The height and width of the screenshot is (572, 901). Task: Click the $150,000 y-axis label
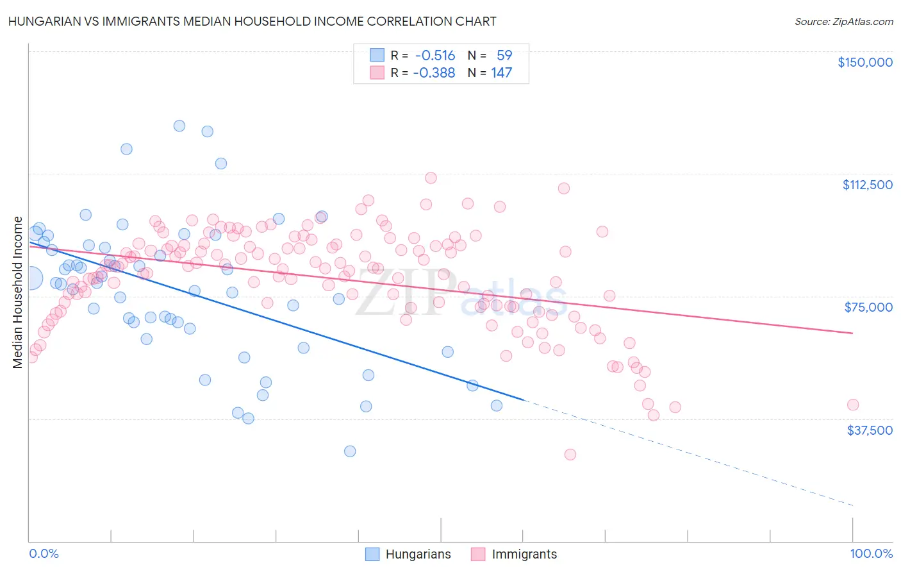pos(864,62)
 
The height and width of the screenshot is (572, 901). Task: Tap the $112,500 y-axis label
pos(867,185)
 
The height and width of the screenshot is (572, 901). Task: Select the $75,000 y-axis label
pos(868,307)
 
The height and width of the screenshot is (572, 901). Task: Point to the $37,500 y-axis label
pos(869,430)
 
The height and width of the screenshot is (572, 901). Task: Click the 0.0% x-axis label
pos(44,554)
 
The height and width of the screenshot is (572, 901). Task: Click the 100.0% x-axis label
pos(871,554)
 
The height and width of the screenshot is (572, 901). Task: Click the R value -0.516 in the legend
pos(434,56)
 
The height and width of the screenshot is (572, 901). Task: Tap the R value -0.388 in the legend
pos(434,73)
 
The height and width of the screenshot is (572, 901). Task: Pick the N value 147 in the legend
pos(501,73)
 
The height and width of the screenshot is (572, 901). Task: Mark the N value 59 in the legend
pos(504,56)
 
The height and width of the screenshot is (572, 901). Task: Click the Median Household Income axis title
pos(17,292)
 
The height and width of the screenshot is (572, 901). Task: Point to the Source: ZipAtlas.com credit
pos(843,22)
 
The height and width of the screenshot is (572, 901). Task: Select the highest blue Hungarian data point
pos(179,126)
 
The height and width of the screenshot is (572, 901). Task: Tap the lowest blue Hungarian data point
pos(350,451)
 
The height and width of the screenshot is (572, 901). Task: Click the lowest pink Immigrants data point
pos(570,455)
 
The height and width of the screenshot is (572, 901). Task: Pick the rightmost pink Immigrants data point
pos(852,405)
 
